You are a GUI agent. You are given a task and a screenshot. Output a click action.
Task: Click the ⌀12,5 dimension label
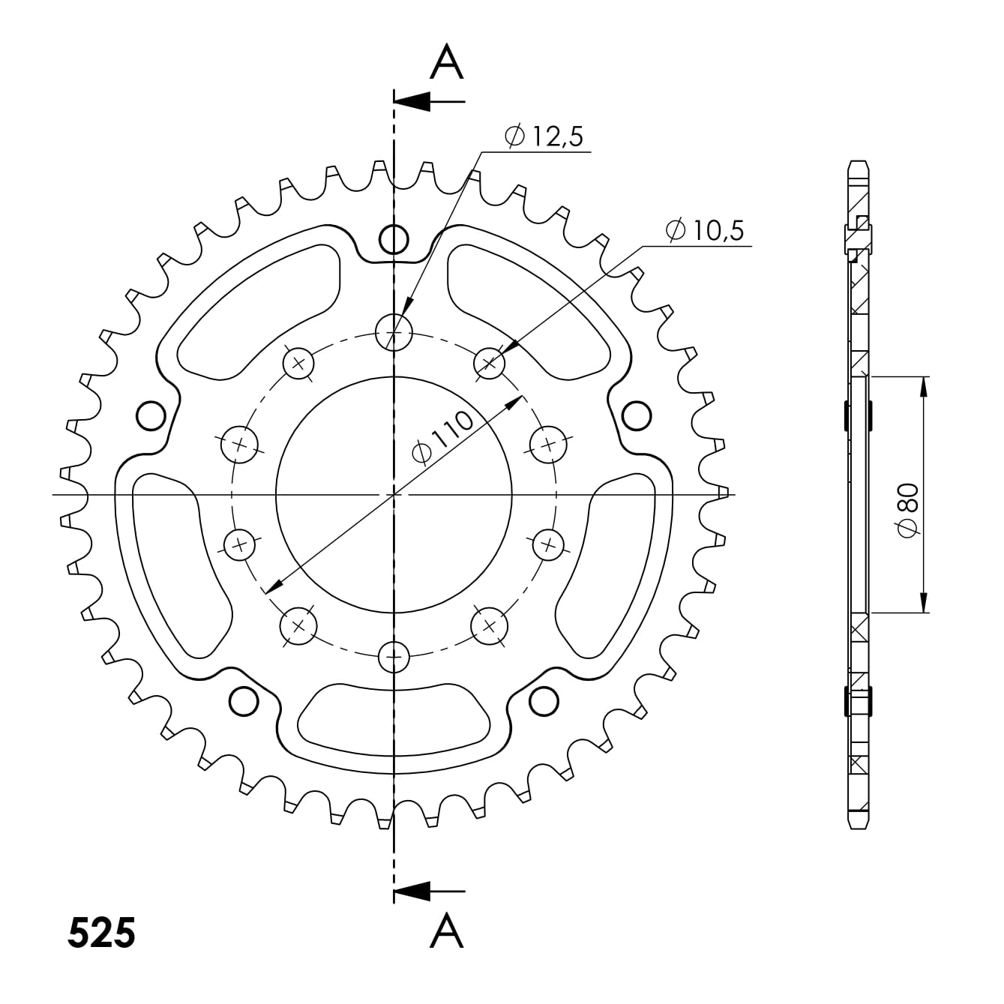click(x=544, y=136)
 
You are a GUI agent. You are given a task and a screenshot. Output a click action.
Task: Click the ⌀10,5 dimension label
click(x=704, y=231)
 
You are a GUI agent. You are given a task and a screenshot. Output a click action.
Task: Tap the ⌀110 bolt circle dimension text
click(x=444, y=439)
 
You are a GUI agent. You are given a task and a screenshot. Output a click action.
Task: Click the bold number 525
click(x=101, y=933)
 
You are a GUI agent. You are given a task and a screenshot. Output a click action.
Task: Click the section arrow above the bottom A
click(x=427, y=891)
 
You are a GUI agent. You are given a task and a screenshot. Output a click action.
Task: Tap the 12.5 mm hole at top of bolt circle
click(x=394, y=331)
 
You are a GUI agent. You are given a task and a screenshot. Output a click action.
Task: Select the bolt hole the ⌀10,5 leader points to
click(x=490, y=364)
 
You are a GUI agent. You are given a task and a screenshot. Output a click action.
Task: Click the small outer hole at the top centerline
click(x=394, y=240)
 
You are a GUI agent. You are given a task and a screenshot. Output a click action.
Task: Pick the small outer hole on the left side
click(x=151, y=414)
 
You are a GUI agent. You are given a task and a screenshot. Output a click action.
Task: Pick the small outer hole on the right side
click(x=637, y=414)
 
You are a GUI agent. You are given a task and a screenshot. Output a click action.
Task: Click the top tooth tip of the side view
click(x=859, y=164)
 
